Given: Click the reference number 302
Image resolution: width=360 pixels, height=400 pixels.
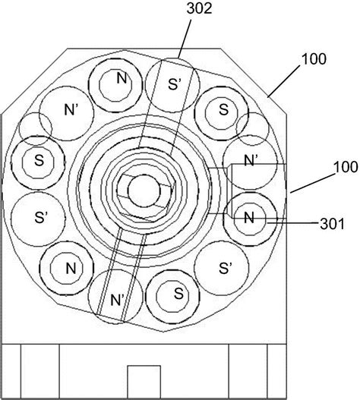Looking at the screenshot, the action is coord(199,8).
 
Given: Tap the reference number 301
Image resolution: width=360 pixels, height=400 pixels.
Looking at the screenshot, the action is coord(332,225).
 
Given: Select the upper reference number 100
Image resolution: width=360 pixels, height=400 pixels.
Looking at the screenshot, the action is coord(314,59).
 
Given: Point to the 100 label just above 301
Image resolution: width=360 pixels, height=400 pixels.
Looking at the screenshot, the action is coord(346,167).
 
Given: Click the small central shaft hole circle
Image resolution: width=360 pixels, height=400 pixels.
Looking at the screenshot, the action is coord(144,191).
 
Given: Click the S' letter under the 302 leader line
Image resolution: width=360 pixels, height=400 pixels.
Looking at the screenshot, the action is coord(175,84).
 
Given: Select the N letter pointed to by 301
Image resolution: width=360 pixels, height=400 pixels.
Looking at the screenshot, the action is coord(249,218).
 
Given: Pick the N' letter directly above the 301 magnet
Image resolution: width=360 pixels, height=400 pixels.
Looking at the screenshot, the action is coord(250,161).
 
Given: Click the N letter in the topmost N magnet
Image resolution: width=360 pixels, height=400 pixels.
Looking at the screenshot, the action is coord(122,78).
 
